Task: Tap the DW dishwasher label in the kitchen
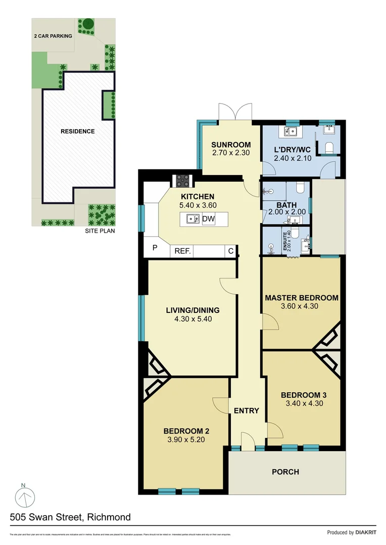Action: (208, 219)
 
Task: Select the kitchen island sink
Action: (191, 219)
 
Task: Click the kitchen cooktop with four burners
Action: (182, 180)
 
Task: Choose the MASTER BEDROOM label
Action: (302, 298)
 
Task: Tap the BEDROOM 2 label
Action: (186, 431)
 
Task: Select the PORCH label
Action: (285, 472)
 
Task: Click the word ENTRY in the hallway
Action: (247, 411)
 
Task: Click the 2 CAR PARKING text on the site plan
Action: (53, 36)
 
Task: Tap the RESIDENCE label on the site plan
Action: (78, 131)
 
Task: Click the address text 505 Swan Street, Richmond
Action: (70, 517)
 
